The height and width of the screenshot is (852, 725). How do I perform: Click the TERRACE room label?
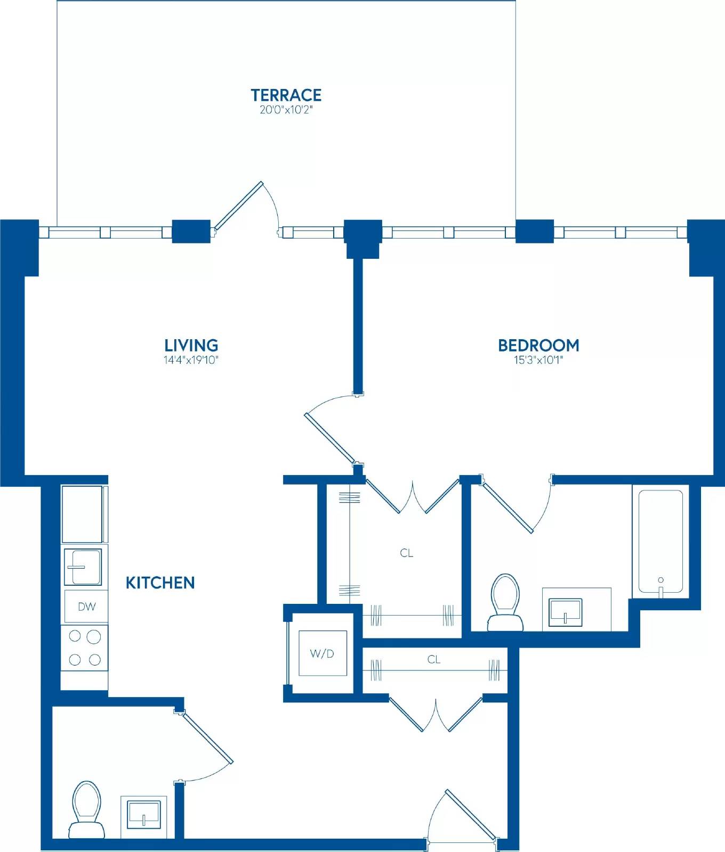coord(286,95)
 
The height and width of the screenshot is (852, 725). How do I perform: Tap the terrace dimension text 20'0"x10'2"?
coord(286,110)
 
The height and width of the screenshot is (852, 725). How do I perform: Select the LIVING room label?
coord(191,345)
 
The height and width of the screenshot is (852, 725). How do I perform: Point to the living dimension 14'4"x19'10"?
coord(191,360)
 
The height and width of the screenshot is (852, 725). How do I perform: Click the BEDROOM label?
coord(538,345)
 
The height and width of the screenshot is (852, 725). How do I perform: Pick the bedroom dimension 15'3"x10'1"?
coord(538,360)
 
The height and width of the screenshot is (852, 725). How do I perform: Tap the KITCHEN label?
coord(160,583)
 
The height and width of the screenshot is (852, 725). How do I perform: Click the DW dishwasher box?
coord(86,606)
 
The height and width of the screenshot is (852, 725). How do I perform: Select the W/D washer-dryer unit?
coord(323,653)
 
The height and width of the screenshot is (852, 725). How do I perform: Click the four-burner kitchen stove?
coord(85,648)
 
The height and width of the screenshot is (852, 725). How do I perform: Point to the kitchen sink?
coord(83,567)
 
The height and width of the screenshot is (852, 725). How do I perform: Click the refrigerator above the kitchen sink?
coord(83,514)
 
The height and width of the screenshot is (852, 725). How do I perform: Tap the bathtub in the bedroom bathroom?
coord(660,541)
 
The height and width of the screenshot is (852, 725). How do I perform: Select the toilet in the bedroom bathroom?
coord(505,602)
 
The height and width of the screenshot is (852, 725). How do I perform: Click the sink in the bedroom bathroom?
coord(566,612)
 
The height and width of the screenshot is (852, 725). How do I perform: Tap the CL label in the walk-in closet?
coord(407,553)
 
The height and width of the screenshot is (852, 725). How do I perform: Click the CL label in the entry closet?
coord(434,659)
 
